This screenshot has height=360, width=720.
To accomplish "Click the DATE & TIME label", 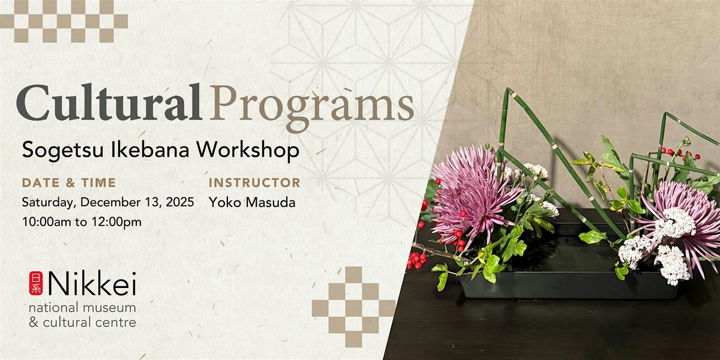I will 68,182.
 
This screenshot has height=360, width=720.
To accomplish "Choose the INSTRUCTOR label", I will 254,182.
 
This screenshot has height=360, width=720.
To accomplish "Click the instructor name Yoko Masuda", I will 252,202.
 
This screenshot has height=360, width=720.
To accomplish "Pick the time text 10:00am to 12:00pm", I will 82,222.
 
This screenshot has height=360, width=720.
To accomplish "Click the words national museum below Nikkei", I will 82,308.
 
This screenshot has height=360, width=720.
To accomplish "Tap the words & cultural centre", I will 82,323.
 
